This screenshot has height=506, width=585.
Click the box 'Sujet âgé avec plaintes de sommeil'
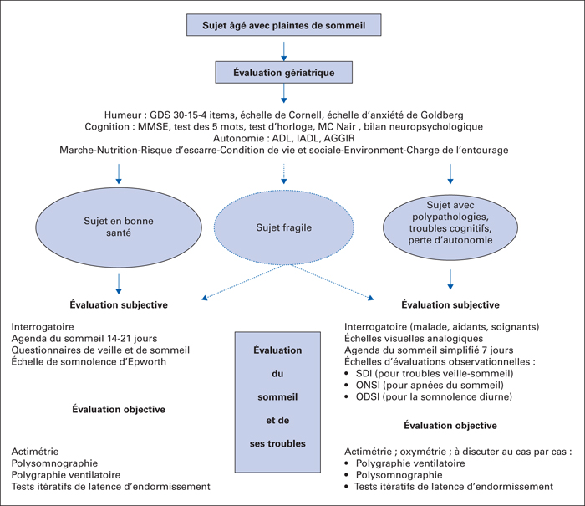[284, 25]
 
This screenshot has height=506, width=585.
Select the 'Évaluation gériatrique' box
[284, 72]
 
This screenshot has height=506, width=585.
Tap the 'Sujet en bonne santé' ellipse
[119, 227]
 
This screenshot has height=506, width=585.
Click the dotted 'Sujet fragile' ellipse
[284, 227]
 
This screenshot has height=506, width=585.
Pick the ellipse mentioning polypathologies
[450, 227]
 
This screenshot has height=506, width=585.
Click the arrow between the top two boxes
[284, 51]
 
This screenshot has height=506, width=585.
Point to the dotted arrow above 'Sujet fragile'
[284, 174]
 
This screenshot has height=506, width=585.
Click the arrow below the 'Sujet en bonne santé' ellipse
[119, 284]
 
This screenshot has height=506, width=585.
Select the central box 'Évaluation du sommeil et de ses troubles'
[277, 402]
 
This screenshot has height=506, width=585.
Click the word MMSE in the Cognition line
[153, 126]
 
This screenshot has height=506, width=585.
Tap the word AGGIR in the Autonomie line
[339, 138]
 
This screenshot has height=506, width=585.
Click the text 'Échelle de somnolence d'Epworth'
[89, 361]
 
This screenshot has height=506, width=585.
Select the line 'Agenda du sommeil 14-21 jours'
[84, 339]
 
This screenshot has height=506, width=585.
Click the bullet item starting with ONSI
[430, 385]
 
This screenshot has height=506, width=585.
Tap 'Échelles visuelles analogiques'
[414, 339]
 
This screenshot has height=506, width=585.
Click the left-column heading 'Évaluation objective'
[119, 409]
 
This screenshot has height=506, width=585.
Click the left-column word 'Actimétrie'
[35, 452]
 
